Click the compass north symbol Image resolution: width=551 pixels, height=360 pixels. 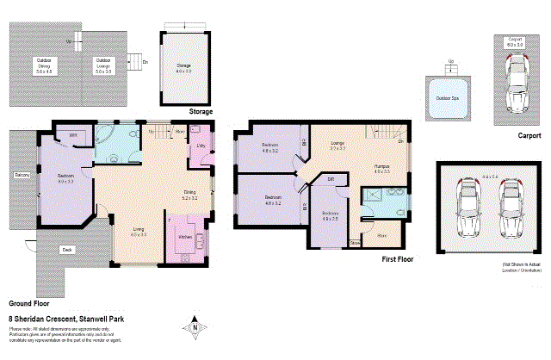coord(195,327)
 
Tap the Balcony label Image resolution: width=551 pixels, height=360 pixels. coord(22,176)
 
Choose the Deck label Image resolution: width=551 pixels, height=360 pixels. coord(66,250)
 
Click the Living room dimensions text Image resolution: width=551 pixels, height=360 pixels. coord(138,234)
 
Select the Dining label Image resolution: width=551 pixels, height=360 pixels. coord(189,196)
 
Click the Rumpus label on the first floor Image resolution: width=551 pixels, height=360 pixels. coord(381,166)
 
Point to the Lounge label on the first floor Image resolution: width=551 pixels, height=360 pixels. coord(337,145)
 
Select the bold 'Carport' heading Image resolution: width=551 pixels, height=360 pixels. coord(529,136)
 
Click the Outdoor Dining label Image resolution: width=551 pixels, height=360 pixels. coord(43,63)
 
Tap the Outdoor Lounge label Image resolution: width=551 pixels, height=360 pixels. coord(102,63)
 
